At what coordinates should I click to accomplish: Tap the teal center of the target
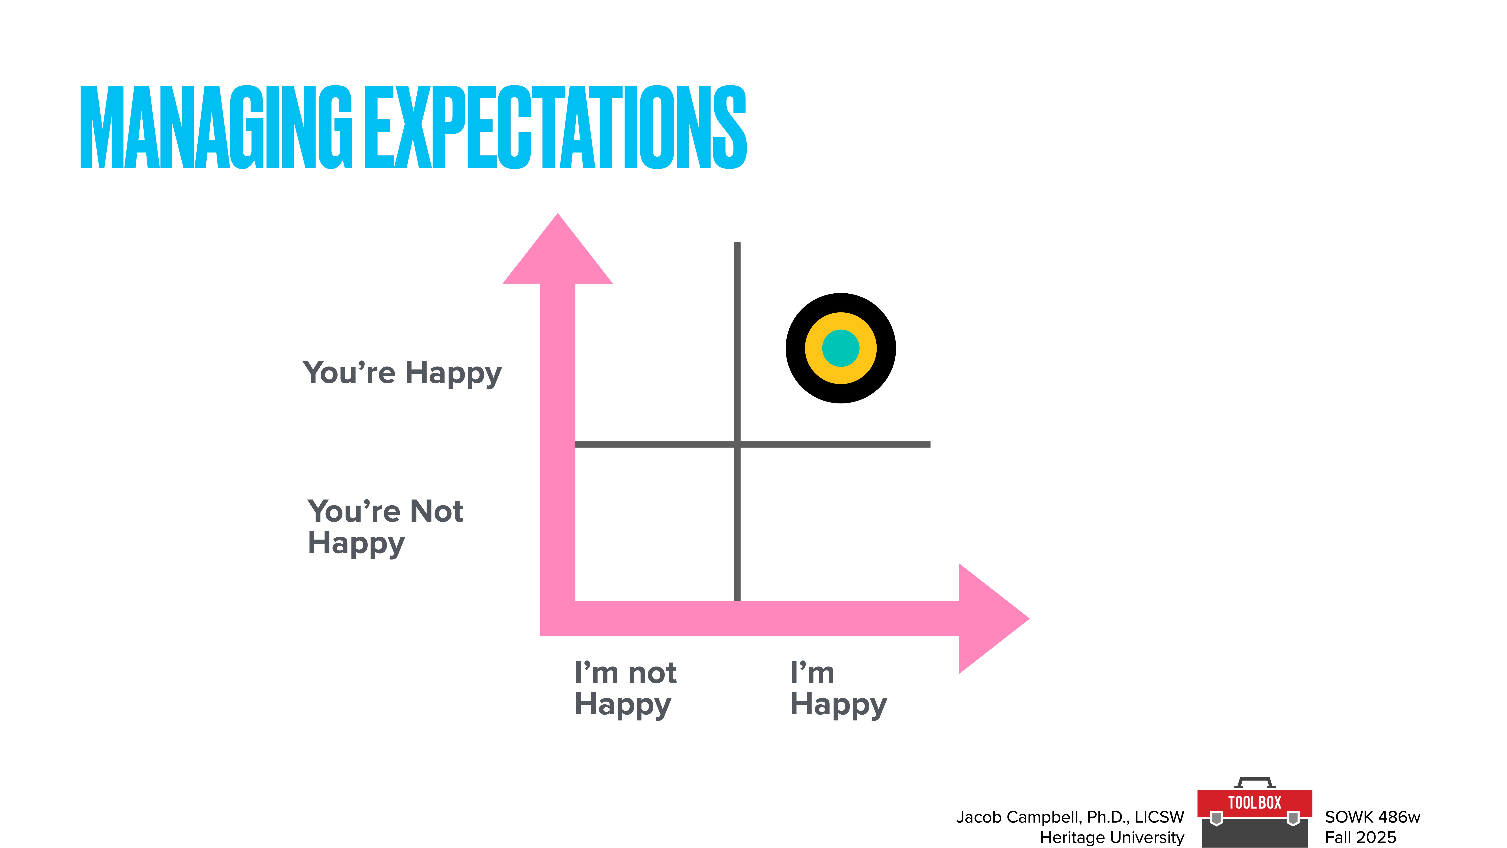pyautogui.click(x=840, y=348)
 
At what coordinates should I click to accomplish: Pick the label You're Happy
pyautogui.click(x=402, y=373)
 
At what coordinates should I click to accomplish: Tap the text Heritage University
pyautogui.click(x=1111, y=837)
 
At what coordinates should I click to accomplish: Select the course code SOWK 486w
pyautogui.click(x=1372, y=817)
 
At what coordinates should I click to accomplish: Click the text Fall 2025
pyautogui.click(x=1360, y=837)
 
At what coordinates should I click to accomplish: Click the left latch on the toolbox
pyautogui.click(x=1216, y=818)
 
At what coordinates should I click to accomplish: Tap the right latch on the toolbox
pyautogui.click(x=1293, y=818)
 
